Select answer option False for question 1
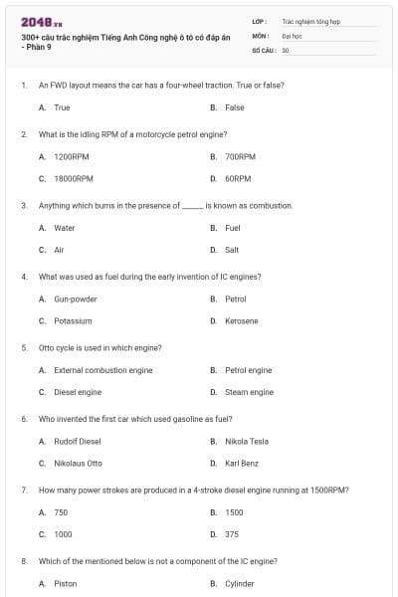pos(235,107)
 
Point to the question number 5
pos(23,348)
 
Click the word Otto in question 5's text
pos(46,348)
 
